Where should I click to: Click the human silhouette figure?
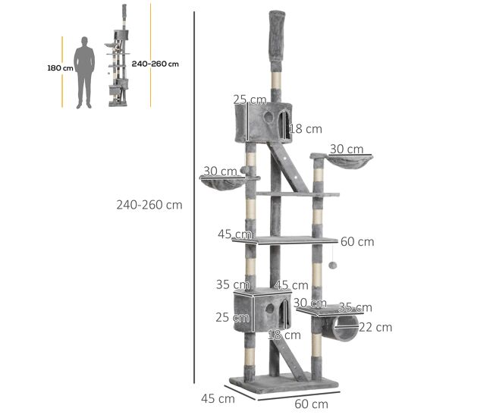[84, 73]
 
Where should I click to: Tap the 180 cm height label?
[60, 68]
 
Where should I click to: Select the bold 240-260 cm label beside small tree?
[155, 64]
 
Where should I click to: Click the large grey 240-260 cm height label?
[149, 205]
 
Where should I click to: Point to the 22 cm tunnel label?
[375, 328]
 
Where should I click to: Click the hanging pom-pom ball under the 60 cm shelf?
[333, 265]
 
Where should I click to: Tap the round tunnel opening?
[346, 328]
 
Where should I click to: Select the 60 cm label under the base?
[311, 404]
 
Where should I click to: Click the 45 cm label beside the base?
[218, 398]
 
